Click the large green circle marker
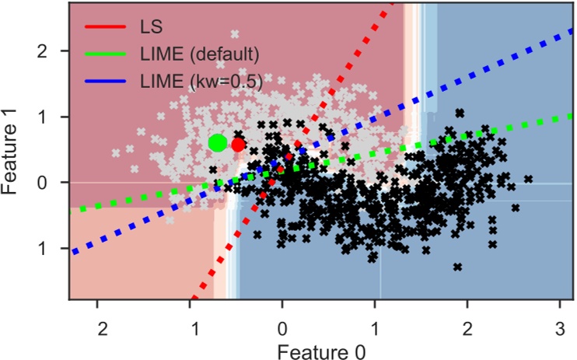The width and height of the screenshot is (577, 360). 218,142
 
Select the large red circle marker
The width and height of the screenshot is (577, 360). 238,144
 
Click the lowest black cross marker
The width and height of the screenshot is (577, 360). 458,267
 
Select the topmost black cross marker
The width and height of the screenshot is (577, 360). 460,113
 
